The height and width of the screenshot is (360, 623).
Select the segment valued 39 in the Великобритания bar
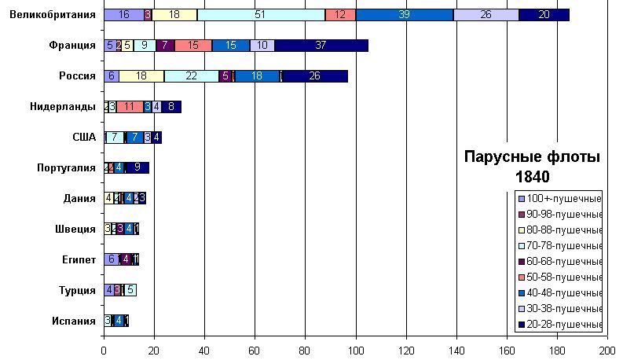(x=405, y=15)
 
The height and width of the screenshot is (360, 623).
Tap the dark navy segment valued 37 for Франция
(x=321, y=46)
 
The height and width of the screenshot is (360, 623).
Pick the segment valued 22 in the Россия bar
(x=192, y=76)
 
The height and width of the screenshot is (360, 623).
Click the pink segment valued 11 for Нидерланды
(x=130, y=107)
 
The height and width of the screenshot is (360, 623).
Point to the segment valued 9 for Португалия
(x=137, y=167)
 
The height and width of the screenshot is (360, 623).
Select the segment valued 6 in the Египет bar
(x=112, y=259)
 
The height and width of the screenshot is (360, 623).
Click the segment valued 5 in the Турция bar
(x=130, y=290)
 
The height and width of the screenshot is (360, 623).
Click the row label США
(x=83, y=138)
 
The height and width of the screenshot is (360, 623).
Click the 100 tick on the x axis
(x=356, y=349)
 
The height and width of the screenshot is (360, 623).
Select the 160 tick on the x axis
(x=507, y=349)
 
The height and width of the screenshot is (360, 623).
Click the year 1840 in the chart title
(x=531, y=176)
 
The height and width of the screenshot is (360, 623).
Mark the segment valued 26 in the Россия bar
(x=315, y=76)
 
